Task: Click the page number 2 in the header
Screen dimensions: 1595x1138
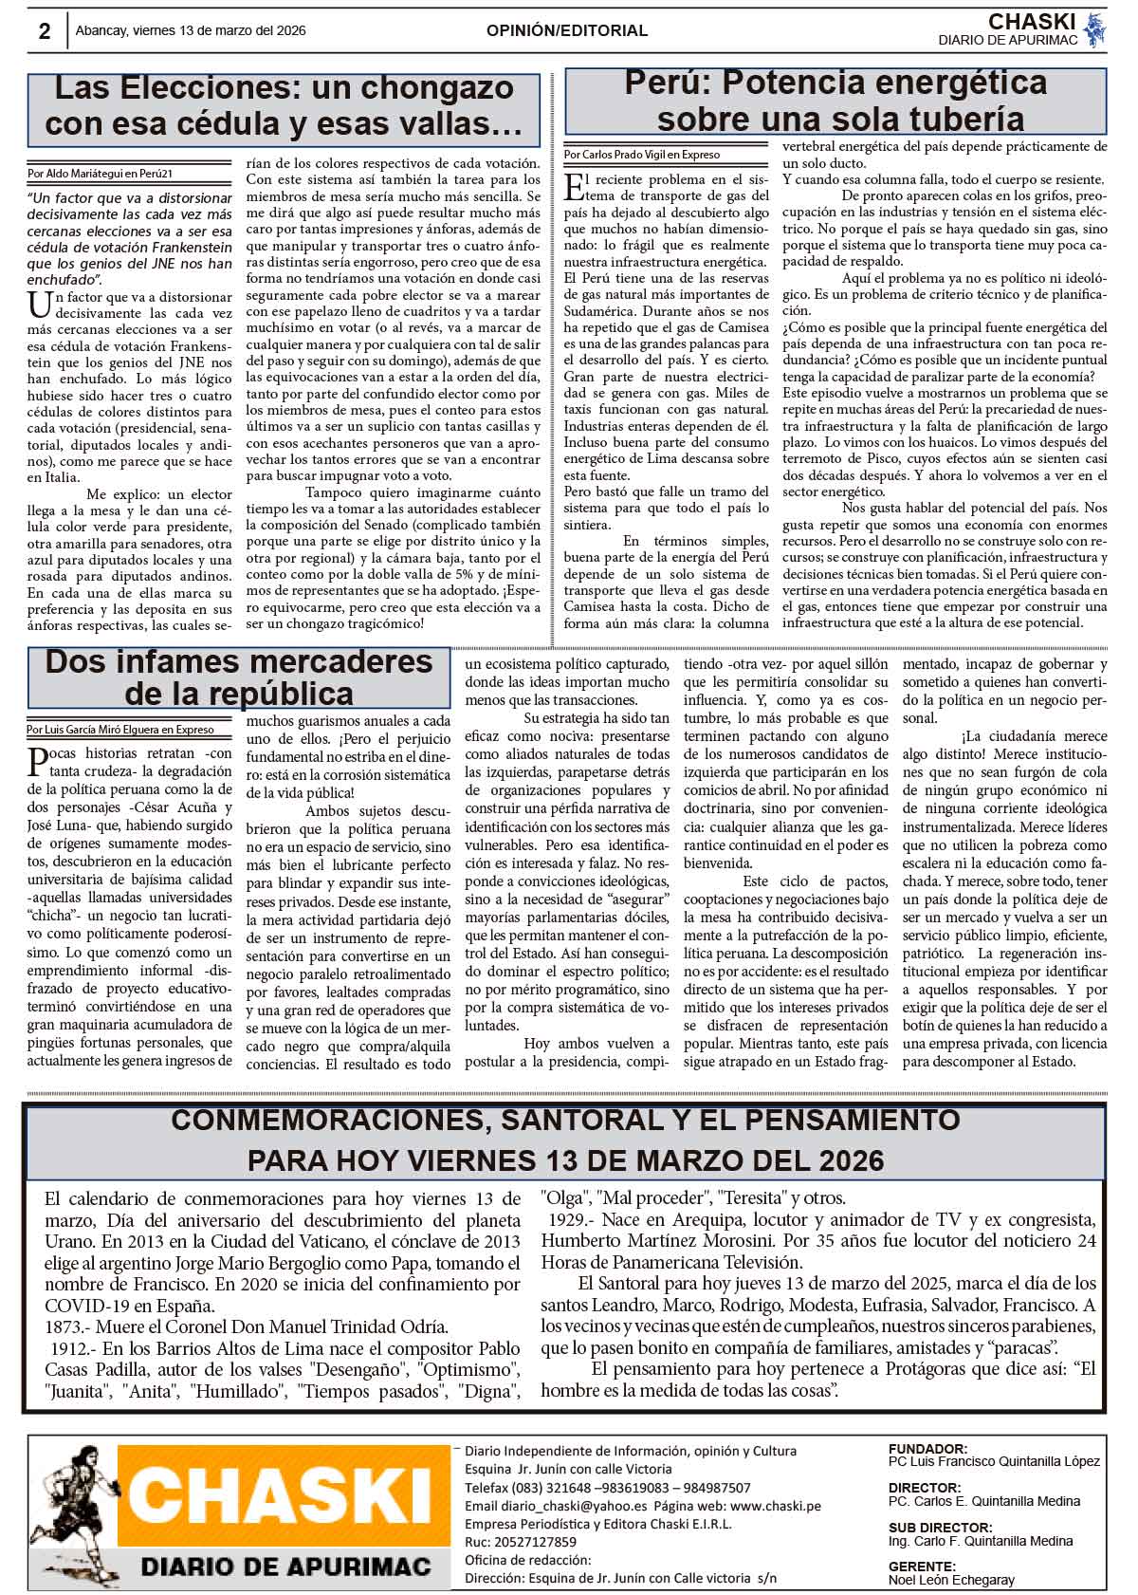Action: point(45,31)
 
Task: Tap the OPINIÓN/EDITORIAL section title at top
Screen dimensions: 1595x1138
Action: point(567,30)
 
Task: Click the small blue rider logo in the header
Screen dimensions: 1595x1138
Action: point(1094,29)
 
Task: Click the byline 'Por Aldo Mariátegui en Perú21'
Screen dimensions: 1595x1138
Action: point(100,174)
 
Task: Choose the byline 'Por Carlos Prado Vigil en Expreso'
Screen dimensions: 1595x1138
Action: point(641,154)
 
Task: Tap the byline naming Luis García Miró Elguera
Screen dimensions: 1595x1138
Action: point(120,730)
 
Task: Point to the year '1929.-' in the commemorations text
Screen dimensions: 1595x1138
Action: point(572,1220)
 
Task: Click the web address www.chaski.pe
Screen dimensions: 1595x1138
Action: point(776,1506)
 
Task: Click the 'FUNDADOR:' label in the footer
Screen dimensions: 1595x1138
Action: point(927,1449)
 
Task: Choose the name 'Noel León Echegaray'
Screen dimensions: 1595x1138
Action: point(951,1580)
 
